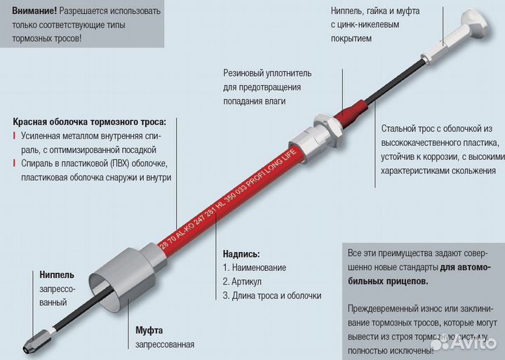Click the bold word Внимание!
tap(34, 11)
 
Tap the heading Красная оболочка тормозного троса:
tap(94, 121)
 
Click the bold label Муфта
tap(149, 330)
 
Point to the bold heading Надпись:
tap(241, 253)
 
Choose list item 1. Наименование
tap(254, 267)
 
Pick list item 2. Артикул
tap(245, 281)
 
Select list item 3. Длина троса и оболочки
tap(272, 295)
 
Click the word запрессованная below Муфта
tap(165, 344)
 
